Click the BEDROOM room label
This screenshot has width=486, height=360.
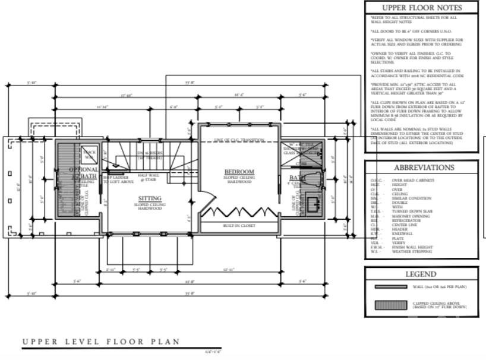point(239,172)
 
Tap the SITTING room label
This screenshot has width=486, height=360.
point(150,199)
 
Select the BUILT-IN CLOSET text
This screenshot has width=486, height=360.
point(239,226)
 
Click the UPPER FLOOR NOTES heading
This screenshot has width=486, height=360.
point(421,8)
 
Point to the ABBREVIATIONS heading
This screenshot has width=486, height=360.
point(424,168)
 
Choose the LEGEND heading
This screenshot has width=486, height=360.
point(421,274)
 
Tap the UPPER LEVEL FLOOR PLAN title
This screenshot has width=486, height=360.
point(101,342)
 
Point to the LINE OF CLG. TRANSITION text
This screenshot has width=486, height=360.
point(239,140)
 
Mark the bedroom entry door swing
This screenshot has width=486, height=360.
point(207,206)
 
